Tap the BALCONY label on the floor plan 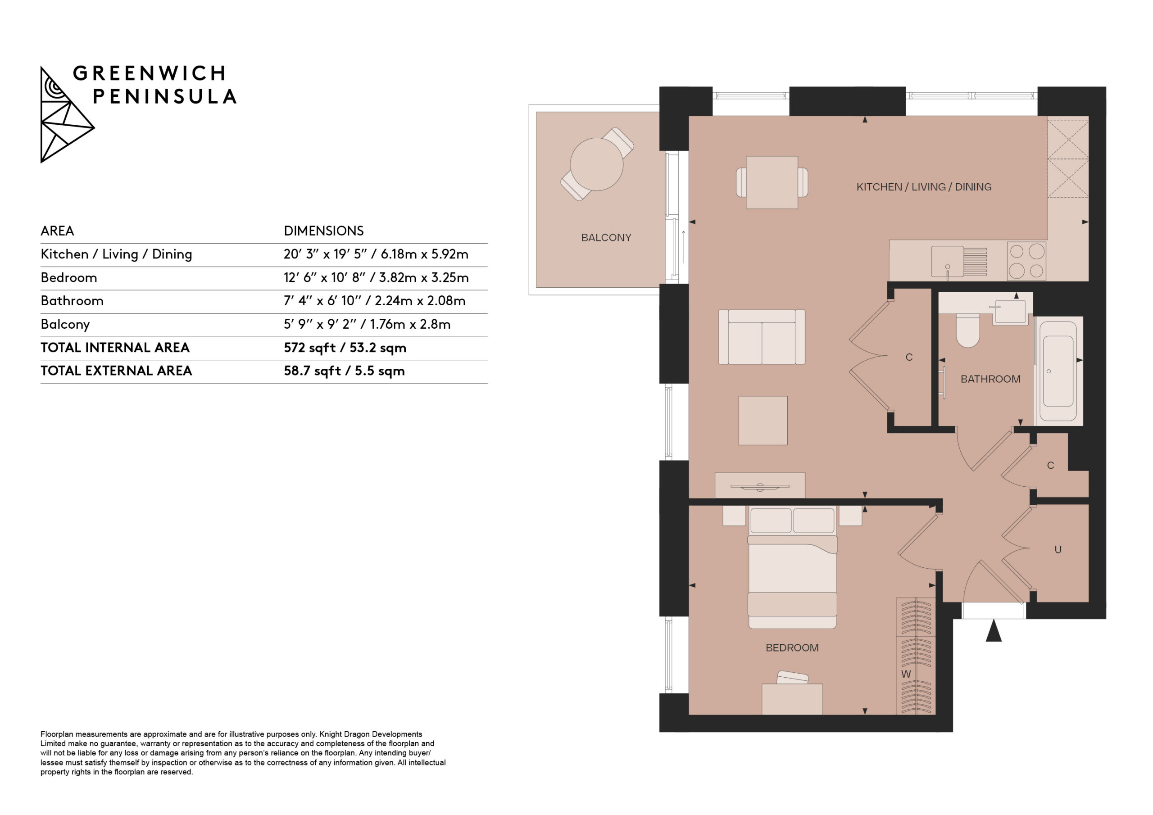(606, 237)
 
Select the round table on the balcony (597, 164)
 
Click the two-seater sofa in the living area (762, 336)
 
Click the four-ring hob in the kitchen (1026, 261)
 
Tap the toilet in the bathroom (968, 331)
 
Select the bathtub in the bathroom (1058, 371)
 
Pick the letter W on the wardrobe (906, 675)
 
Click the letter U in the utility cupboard (1058, 550)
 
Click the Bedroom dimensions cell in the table (376, 278)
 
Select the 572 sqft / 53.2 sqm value (345, 348)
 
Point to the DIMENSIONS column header (323, 231)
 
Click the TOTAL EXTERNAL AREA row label (116, 371)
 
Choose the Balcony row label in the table (65, 324)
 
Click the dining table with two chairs (772, 182)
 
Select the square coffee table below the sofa (763, 420)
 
